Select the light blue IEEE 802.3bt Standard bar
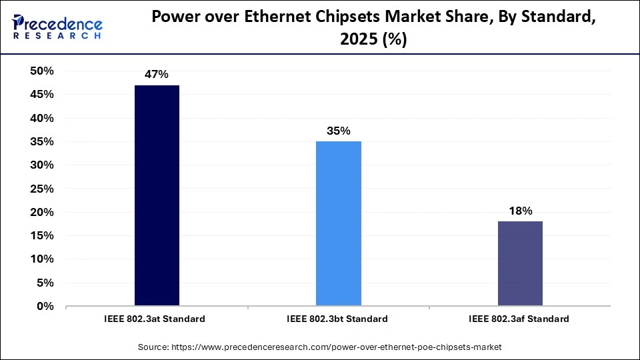click(339, 223)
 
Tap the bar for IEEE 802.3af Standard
click(520, 263)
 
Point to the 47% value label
click(157, 75)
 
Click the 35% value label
click(339, 131)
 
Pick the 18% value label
click(520, 211)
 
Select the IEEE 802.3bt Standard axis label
click(337, 319)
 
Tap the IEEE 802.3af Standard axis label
click(519, 319)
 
